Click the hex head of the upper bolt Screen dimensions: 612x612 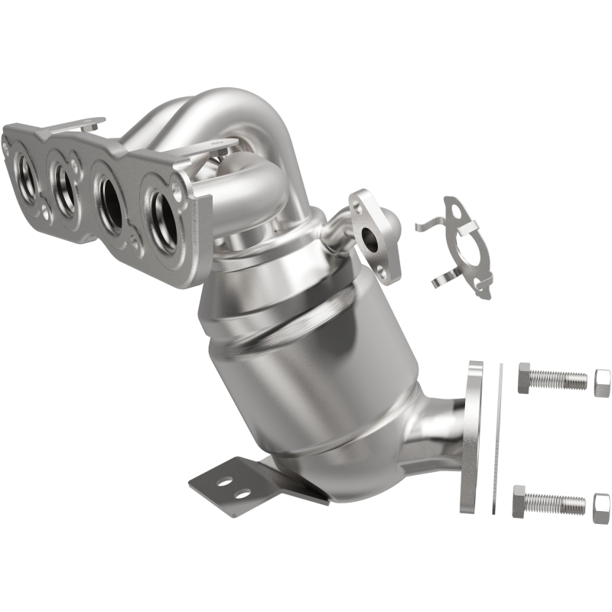[x=527, y=377]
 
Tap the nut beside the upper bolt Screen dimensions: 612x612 [x=602, y=382]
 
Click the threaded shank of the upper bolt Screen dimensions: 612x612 [x=562, y=379]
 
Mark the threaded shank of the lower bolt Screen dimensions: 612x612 [x=559, y=503]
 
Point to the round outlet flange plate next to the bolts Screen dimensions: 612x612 [x=471, y=435]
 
